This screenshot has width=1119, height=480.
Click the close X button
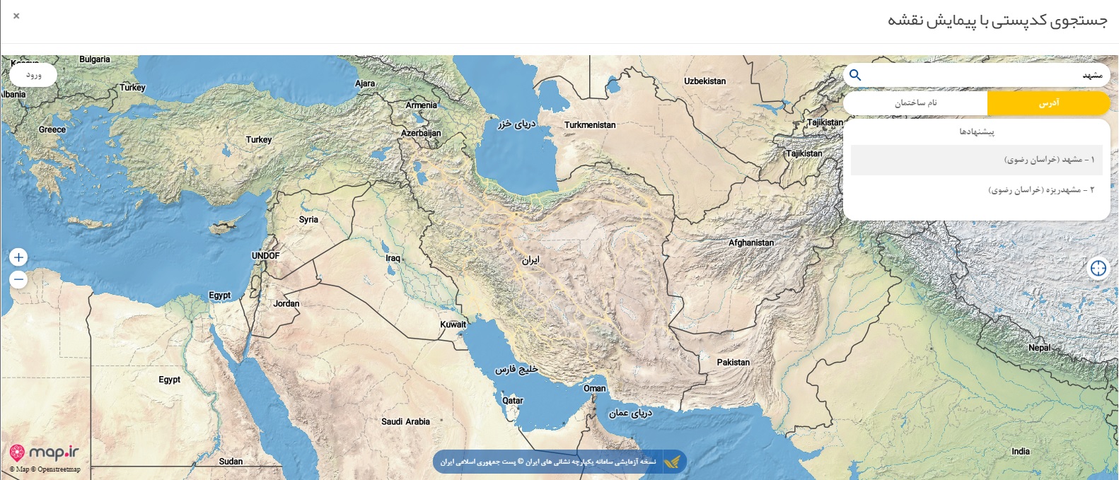point(16,16)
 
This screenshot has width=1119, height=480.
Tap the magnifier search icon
point(855,75)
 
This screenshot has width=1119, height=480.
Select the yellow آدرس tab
point(1048,103)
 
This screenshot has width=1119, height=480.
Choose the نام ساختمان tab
point(915,103)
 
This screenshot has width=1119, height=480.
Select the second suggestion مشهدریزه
point(1040,190)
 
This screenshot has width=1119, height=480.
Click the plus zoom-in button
point(19,257)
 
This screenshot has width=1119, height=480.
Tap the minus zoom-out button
point(19,280)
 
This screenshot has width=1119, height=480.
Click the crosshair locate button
point(1098,268)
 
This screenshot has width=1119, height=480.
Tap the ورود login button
point(33,75)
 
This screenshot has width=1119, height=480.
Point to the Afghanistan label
point(751,242)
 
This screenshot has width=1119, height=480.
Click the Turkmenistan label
point(590,125)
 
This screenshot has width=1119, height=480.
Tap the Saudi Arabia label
point(405,421)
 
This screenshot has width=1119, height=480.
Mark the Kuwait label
point(453,324)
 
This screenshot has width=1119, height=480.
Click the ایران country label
point(530,260)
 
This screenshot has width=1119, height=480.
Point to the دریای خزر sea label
point(516,124)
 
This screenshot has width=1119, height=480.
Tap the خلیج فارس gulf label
point(516,370)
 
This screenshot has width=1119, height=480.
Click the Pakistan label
point(733,362)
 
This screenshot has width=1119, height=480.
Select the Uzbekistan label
point(705,81)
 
